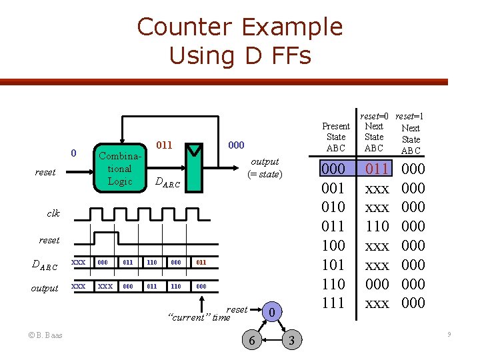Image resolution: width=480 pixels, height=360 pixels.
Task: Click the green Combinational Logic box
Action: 119,168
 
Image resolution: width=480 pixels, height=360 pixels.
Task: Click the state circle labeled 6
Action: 251,341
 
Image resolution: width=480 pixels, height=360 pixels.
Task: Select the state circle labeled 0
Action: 271,311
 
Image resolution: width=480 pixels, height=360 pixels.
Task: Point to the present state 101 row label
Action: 333,265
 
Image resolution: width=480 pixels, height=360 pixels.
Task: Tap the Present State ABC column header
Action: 335,137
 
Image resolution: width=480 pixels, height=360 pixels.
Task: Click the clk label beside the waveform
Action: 53,213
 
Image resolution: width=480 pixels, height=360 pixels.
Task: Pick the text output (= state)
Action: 265,168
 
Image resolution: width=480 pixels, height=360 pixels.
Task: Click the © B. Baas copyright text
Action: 45,335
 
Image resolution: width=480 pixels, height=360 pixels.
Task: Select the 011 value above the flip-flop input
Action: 164,145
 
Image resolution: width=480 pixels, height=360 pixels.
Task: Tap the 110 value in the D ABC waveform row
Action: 152,263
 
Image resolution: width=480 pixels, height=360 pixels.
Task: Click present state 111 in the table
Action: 333,303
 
